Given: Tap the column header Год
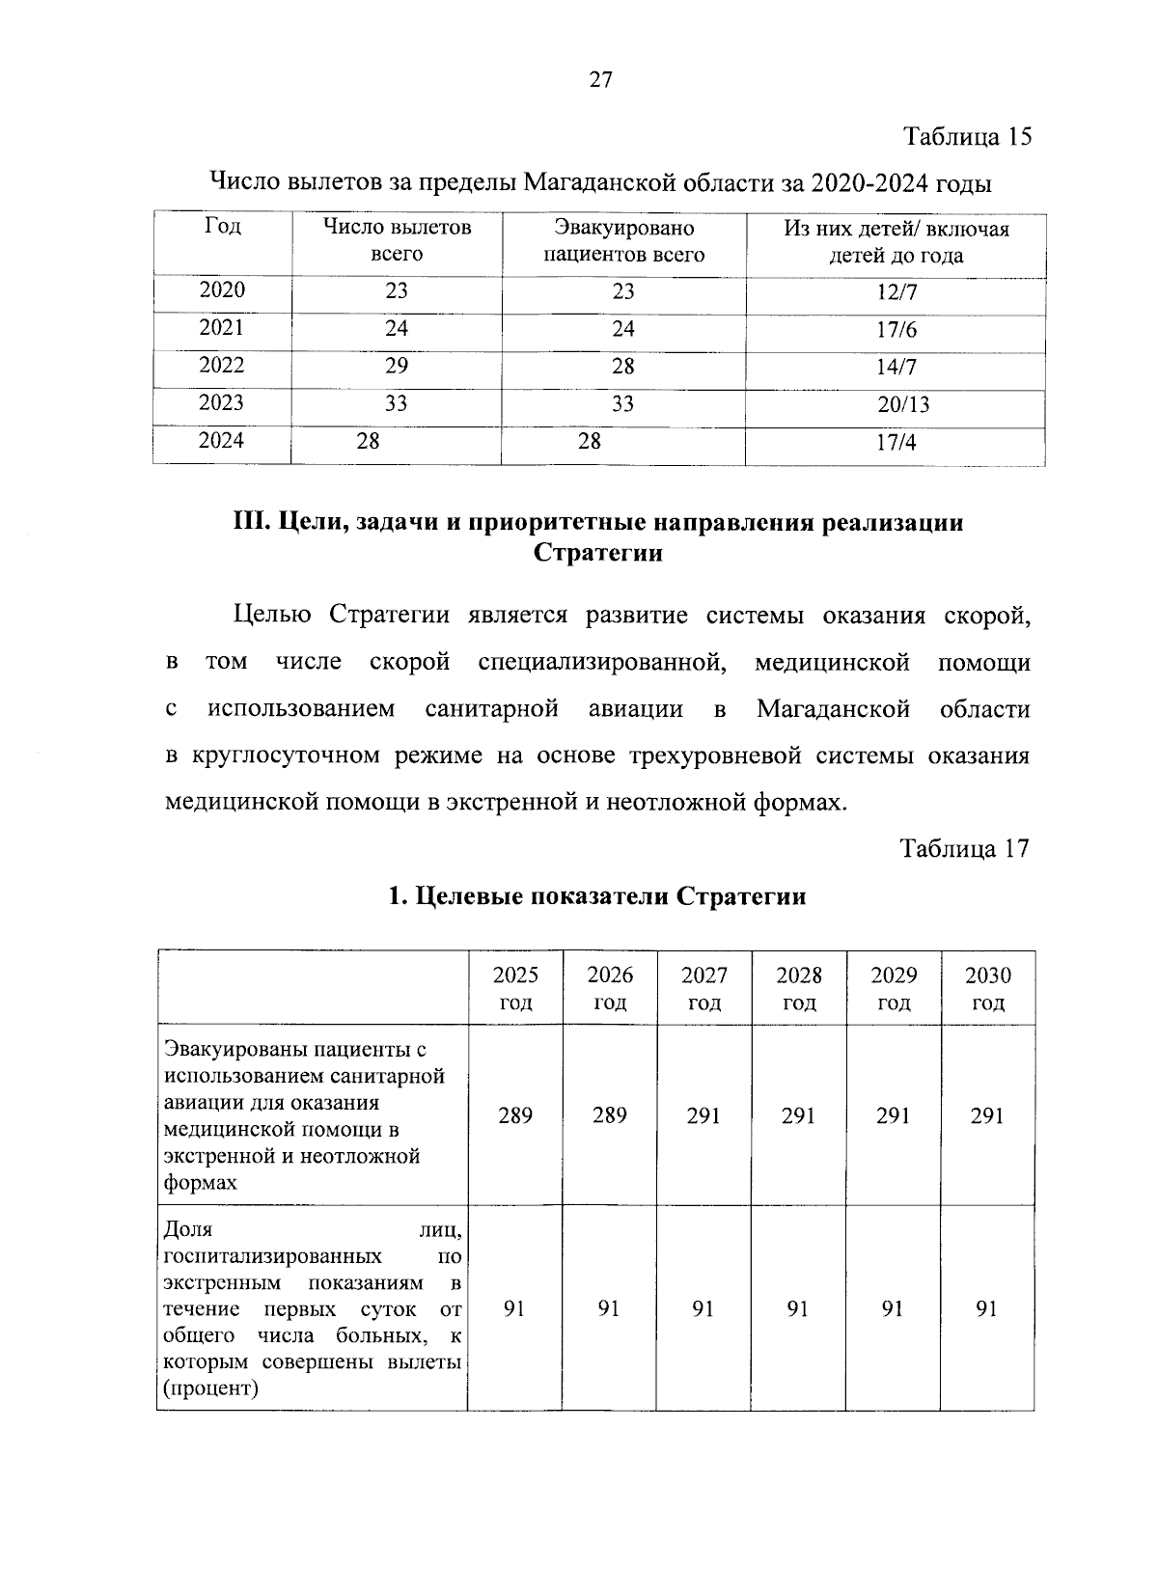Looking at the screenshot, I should click(x=222, y=228).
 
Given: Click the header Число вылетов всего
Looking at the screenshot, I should click(x=397, y=241).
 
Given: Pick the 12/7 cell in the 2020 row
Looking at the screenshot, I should click(x=896, y=292).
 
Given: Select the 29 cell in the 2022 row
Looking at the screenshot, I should click(x=397, y=366).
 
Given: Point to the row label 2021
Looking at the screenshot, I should click(x=222, y=328).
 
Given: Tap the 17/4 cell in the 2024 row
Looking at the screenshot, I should click(x=896, y=443).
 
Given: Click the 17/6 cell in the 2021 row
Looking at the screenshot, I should click(x=896, y=330).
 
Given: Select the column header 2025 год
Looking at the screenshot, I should click(x=515, y=988).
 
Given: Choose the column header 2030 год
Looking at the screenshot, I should click(x=988, y=988).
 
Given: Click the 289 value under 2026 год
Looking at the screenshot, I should click(x=610, y=1115).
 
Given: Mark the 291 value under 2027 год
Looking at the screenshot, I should click(x=703, y=1115).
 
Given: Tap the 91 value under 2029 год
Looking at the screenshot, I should click(x=893, y=1308).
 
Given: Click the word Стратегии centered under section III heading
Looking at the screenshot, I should click(x=598, y=553).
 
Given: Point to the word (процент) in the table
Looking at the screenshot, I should click(x=211, y=1388).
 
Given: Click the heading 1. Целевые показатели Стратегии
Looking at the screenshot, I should click(x=596, y=896).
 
